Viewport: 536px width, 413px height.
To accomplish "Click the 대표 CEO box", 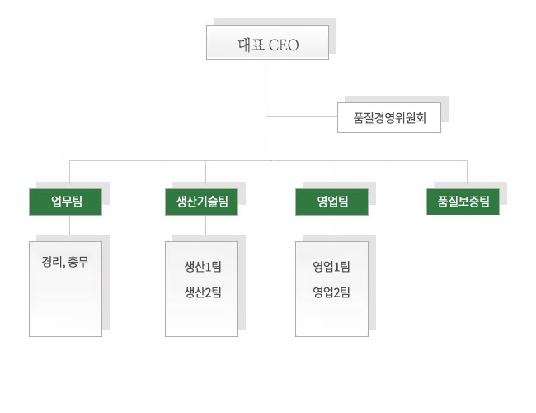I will point(267,43).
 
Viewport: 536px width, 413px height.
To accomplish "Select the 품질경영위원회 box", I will point(389,117).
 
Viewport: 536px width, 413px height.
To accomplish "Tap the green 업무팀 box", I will point(66,202).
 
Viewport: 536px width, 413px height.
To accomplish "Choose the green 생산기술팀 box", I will point(201,202).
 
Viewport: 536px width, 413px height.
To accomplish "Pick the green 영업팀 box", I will point(331,202).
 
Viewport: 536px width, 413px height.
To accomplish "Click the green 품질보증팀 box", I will point(463,202).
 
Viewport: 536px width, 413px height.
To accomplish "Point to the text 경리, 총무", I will point(65,265).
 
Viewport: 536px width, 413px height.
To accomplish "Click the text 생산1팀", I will point(203,266).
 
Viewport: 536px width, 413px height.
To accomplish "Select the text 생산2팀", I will point(203,292).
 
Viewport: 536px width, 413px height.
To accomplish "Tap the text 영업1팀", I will point(331,266).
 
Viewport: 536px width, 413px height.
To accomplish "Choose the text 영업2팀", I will point(331,292).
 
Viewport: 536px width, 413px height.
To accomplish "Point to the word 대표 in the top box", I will point(250,44).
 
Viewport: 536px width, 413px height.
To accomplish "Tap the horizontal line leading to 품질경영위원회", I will point(302,116).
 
